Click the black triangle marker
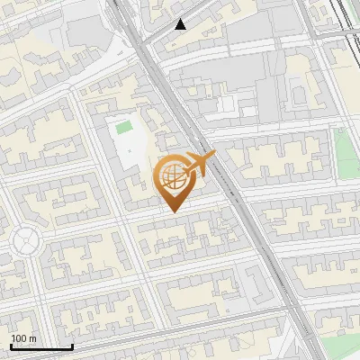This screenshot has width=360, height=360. pyautogui.click(x=181, y=24)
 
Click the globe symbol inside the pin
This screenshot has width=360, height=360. pyautogui.click(x=173, y=177)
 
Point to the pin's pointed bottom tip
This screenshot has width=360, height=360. pyautogui.click(x=174, y=211)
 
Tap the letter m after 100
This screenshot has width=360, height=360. pyautogui.click(x=33, y=338)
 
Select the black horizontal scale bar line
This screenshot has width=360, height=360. pyautogui.click(x=41, y=346)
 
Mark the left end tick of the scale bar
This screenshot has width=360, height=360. pyautogui.click(x=12, y=346)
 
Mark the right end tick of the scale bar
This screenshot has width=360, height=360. pyautogui.click(x=72, y=346)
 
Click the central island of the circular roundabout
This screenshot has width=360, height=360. pyautogui.click(x=25, y=241)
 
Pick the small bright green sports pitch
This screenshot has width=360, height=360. pyautogui.click(x=123, y=128)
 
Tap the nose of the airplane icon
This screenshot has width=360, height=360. pyautogui.click(x=213, y=156)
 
